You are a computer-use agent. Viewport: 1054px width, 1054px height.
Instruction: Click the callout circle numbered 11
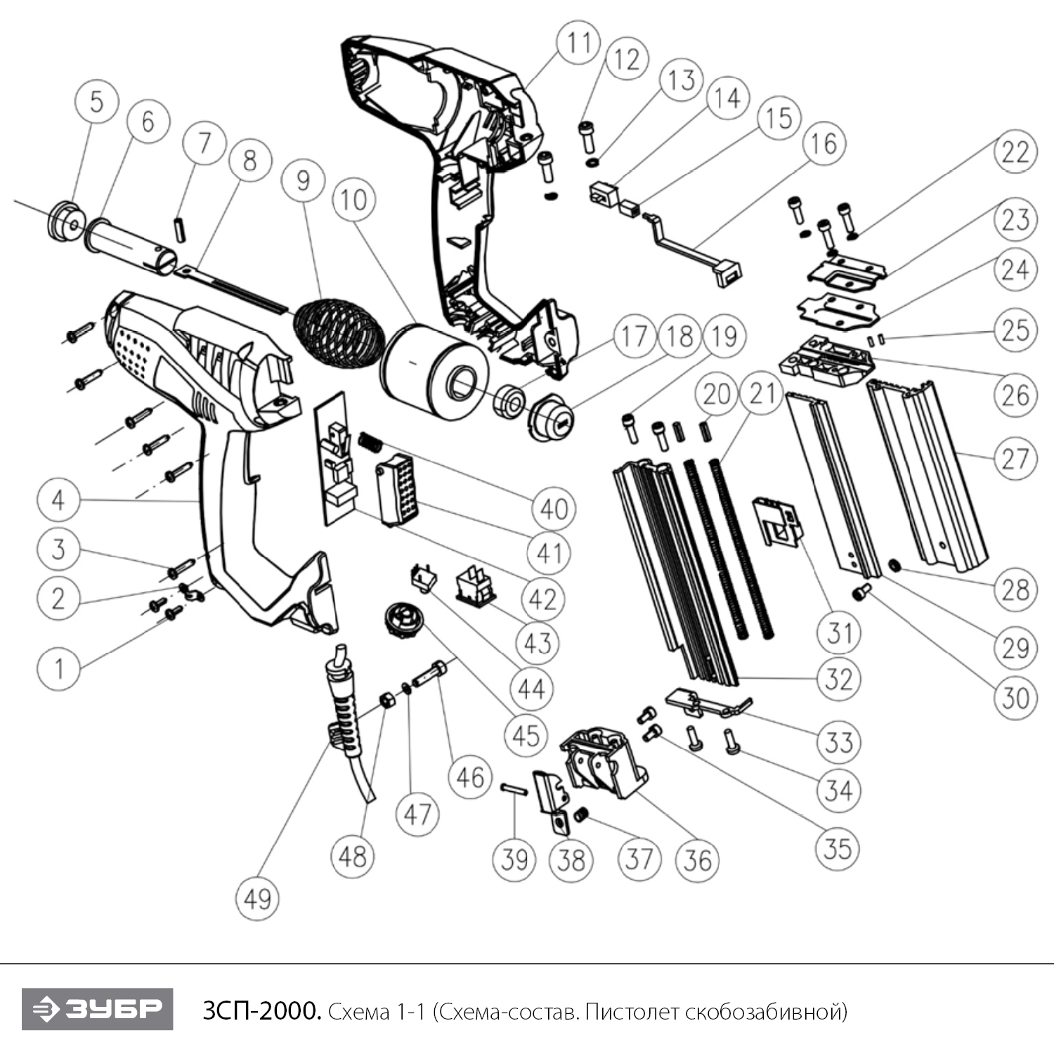579,42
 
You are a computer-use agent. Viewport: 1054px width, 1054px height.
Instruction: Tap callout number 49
257,897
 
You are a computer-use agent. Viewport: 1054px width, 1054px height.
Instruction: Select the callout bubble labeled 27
1014,459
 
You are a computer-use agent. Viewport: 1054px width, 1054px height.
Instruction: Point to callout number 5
96,101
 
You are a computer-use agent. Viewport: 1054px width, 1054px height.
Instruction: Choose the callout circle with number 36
697,859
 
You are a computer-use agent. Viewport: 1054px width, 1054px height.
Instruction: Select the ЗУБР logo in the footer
97,1009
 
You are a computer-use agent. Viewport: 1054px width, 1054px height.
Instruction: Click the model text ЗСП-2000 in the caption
261,1011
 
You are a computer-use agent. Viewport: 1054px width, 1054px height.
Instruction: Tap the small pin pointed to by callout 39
514,788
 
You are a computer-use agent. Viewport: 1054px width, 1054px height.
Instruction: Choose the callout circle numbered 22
1014,152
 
